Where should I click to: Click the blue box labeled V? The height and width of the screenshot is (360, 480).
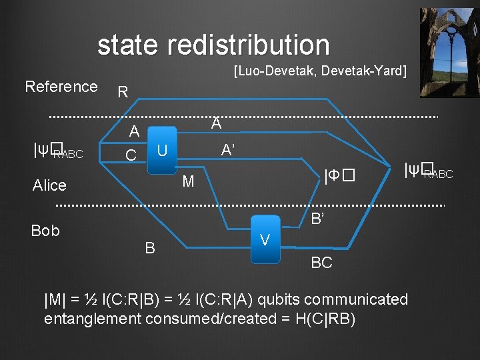tap(265, 239)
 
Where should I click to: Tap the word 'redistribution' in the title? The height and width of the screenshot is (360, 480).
tap(249, 45)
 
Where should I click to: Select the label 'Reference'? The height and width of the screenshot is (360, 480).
tap(61, 87)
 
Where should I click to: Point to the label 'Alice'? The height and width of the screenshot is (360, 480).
tap(49, 185)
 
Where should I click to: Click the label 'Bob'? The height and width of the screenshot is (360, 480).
tap(45, 231)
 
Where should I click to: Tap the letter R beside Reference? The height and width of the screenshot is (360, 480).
tap(122, 92)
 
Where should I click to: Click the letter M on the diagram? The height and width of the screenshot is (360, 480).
tap(188, 181)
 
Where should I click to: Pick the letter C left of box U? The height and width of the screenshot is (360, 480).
tap(131, 155)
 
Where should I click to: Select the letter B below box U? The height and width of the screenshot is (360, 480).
tap(150, 248)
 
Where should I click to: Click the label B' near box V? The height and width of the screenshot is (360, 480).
tap(317, 219)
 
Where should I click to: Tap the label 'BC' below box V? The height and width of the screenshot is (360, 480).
tap(321, 263)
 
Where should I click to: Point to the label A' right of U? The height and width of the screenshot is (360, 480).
tap(227, 151)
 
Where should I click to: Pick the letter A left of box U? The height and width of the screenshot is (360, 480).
tap(134, 131)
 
